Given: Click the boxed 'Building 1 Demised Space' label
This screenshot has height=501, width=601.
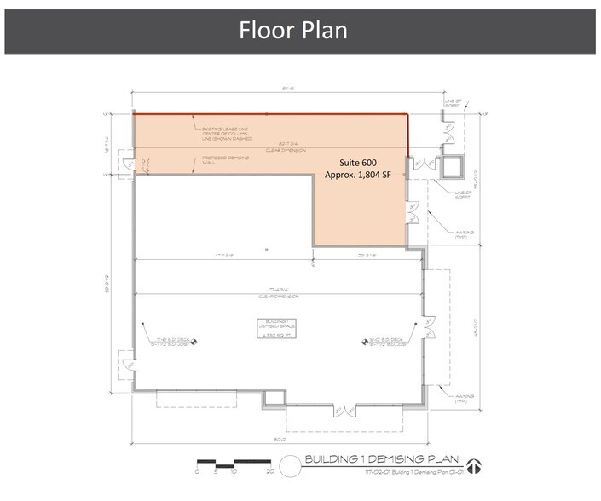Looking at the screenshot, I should [x=275, y=327].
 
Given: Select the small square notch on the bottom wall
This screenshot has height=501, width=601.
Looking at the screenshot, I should [x=273, y=398].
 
